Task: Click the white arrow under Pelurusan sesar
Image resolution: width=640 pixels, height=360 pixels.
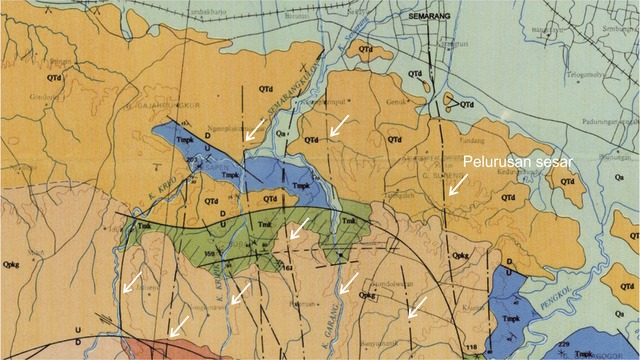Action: click(x=456, y=183)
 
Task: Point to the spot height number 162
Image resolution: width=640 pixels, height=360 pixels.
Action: click(x=287, y=268)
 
